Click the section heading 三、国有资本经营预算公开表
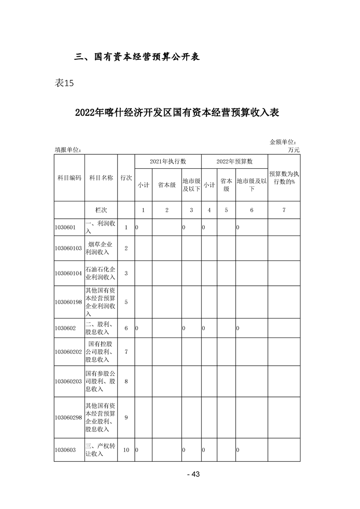(137, 57)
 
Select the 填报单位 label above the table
(68, 150)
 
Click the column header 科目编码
(69, 178)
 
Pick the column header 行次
(126, 178)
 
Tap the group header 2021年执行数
(168, 161)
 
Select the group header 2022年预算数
(234, 161)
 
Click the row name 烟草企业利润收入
(101, 248)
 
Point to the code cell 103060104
(69, 273)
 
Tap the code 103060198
(69, 302)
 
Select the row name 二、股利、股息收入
(101, 328)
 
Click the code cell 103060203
(69, 381)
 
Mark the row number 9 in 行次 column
(126, 417)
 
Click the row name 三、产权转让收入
(101, 450)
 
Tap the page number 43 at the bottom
(194, 475)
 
